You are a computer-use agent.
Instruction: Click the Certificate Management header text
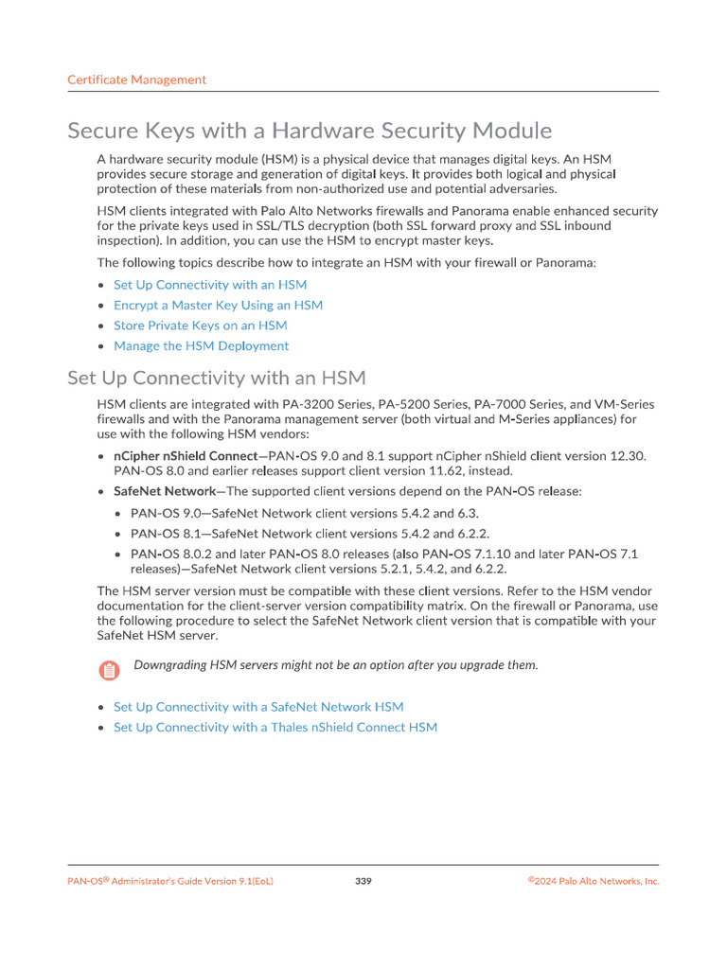(136, 80)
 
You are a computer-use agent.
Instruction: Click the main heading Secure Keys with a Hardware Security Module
(310, 131)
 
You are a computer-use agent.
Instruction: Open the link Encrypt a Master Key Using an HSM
(218, 305)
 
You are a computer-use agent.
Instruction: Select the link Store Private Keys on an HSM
(200, 326)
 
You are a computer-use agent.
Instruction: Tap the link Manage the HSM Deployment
(201, 346)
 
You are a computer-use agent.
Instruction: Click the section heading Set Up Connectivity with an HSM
(216, 379)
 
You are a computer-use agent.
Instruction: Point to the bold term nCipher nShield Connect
(185, 456)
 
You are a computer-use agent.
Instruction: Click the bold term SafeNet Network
(164, 492)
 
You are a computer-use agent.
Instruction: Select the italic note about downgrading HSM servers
(335, 665)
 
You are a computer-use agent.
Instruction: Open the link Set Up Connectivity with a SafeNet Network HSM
(258, 707)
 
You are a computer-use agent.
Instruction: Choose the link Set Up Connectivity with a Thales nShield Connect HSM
(275, 728)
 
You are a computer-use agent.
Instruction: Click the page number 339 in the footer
(363, 882)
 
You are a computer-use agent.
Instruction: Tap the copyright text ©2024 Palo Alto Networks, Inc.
(594, 882)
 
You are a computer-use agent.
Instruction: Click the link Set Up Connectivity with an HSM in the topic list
(210, 285)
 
